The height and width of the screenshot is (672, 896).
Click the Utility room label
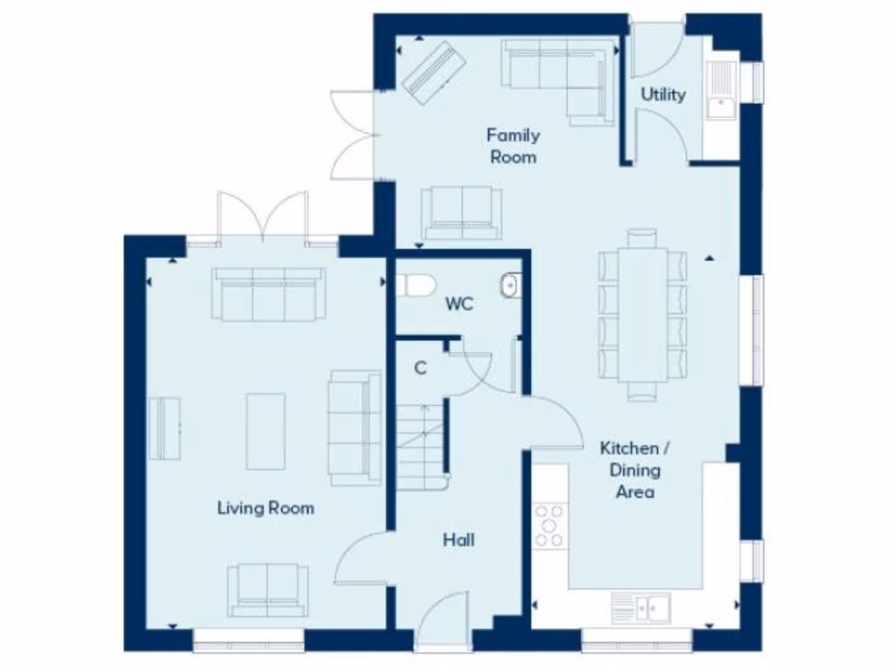tap(662, 94)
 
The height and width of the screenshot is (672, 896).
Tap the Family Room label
tap(513, 146)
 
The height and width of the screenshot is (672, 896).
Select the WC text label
tap(458, 304)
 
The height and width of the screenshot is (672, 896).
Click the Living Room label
tap(265, 508)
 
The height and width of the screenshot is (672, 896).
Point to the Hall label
tap(458, 540)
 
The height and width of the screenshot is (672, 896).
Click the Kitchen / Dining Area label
tap(635, 470)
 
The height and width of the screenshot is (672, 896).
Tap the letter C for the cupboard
tap(420, 368)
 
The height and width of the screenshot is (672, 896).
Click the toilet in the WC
tap(416, 285)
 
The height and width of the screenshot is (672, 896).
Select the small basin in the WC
tap(511, 285)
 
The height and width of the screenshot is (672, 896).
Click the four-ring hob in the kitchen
tap(549, 525)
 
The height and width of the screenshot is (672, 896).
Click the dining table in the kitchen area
tap(642, 314)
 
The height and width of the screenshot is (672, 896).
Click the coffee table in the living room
tap(265, 430)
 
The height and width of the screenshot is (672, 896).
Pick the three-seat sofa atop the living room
tap(269, 294)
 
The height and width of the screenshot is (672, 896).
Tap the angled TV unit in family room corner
tap(433, 72)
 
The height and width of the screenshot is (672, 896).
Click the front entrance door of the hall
tap(442, 623)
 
